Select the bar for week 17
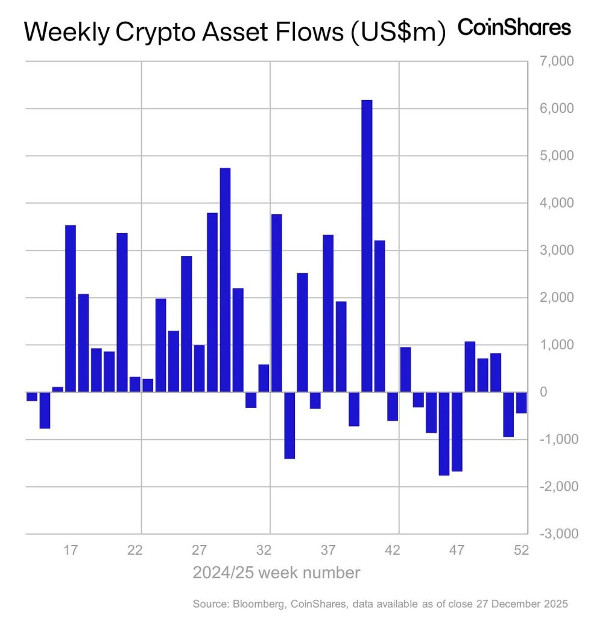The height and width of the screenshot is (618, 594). click(71, 308)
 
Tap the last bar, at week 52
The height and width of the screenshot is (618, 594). click(521, 403)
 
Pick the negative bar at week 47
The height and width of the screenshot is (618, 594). click(457, 432)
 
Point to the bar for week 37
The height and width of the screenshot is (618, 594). click(328, 313)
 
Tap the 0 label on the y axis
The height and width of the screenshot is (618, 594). click(560, 392)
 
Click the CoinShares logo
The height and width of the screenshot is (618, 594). click(514, 27)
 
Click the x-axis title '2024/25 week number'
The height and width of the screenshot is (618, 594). click(276, 572)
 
